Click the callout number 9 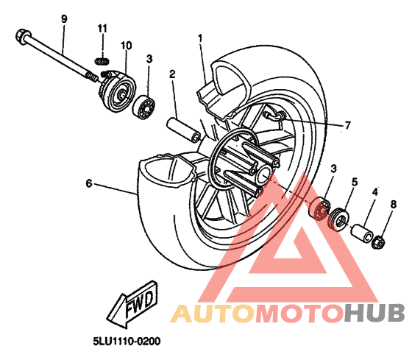pos(64,19)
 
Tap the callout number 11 pos(102,29)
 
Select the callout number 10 pos(126,46)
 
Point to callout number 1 pos(200,38)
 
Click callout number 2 pos(172,74)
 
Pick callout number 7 pos(347,125)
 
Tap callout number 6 pos(89,183)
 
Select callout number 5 pos(355,182)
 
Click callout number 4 pos(375,192)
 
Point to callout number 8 pos(394,204)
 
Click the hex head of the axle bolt pos(23,37)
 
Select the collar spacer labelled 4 pos(362,233)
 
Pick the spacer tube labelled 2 pos(183,130)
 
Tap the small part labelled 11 pos(102,62)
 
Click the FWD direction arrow pos(133,304)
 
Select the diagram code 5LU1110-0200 pos(127,342)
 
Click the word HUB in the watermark pos(374,313)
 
